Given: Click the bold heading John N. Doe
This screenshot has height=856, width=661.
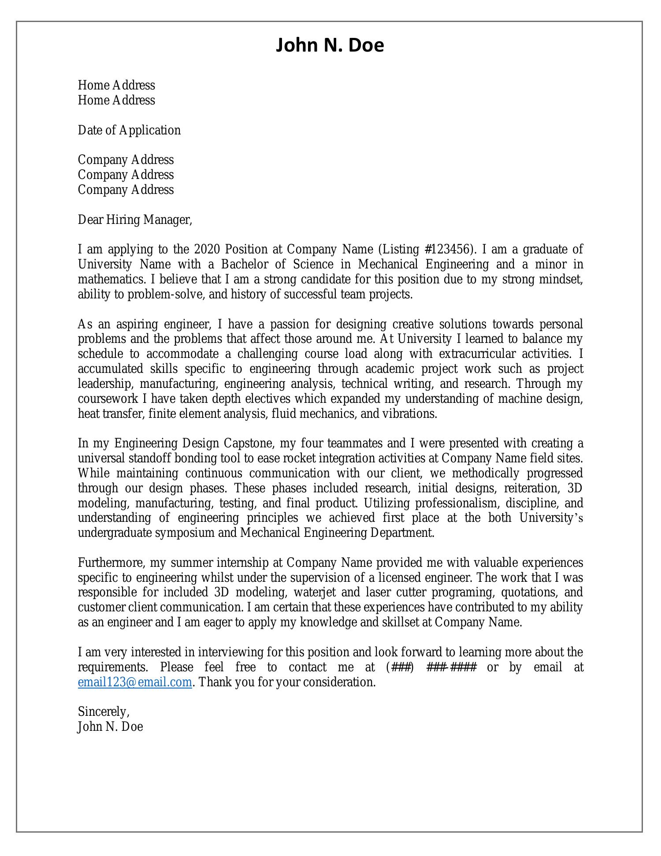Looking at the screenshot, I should [x=330, y=45].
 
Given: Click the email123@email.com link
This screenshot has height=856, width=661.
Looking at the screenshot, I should [x=135, y=682].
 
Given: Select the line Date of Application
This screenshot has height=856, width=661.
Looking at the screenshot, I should [x=129, y=130].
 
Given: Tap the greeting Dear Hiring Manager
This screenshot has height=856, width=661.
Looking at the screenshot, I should [x=135, y=220].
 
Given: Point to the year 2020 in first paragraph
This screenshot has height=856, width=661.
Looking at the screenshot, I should [x=207, y=249].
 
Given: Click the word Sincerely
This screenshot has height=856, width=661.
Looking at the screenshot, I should [x=103, y=712].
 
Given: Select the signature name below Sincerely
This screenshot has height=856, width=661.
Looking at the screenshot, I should [x=110, y=727].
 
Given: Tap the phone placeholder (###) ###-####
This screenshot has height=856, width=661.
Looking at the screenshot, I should [x=431, y=667].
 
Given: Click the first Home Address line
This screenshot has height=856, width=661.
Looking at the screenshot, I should [x=116, y=86].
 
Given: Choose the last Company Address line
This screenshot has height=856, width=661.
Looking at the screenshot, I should [x=126, y=190].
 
